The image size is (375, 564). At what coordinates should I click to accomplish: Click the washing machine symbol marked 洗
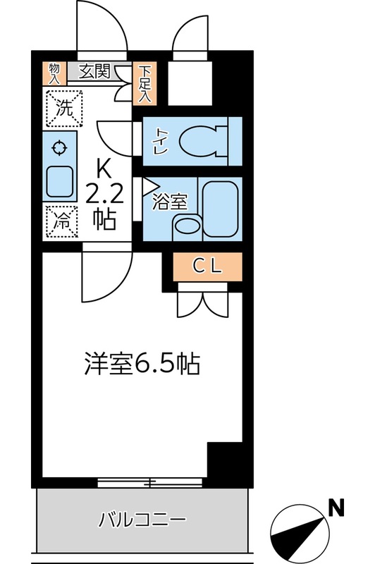coord(63,109)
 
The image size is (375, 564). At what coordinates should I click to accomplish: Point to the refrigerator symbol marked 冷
coord(62,221)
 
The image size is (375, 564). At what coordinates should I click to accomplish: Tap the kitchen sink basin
coord(61,182)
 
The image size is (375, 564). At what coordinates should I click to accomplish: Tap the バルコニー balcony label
coord(142,521)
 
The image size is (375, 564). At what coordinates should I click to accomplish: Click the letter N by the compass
coord(338,506)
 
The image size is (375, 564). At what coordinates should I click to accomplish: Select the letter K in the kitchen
coord(104,168)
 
